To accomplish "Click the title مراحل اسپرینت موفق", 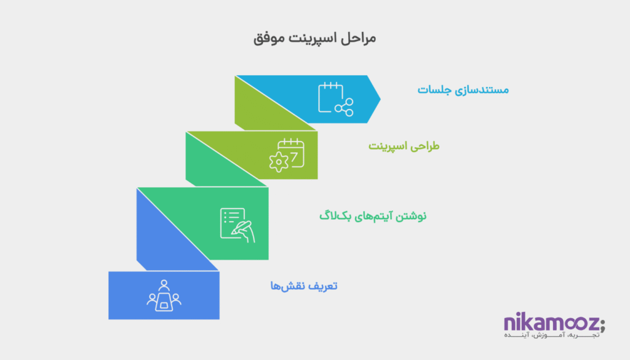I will [x=314, y=38].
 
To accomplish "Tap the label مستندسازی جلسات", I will [x=463, y=90].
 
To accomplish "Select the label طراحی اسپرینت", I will [x=404, y=146].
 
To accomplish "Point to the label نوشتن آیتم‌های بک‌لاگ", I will [x=373, y=216].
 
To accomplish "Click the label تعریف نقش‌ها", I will [x=305, y=286].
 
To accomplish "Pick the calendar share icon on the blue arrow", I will [x=335, y=98].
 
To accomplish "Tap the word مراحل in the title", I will [x=358, y=38].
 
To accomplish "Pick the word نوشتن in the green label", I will [x=412, y=216].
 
